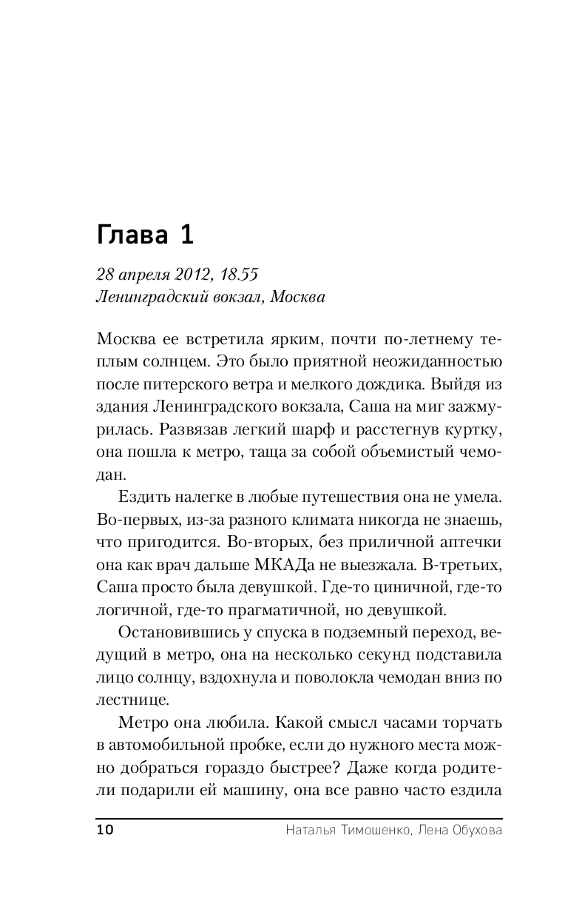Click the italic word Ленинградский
pyautogui.click(x=146, y=298)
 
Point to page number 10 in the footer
pyautogui.click(x=104, y=830)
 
